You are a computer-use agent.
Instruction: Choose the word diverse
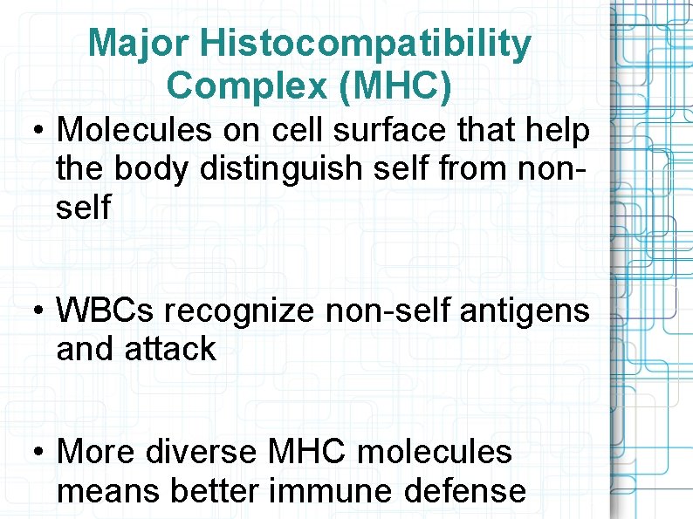(202, 452)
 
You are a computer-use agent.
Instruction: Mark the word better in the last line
(215, 491)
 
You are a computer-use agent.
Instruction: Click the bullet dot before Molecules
(38, 132)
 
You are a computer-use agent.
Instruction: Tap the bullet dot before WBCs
(38, 311)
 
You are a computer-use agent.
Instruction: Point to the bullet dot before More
(38, 453)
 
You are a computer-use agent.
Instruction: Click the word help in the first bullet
(557, 131)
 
